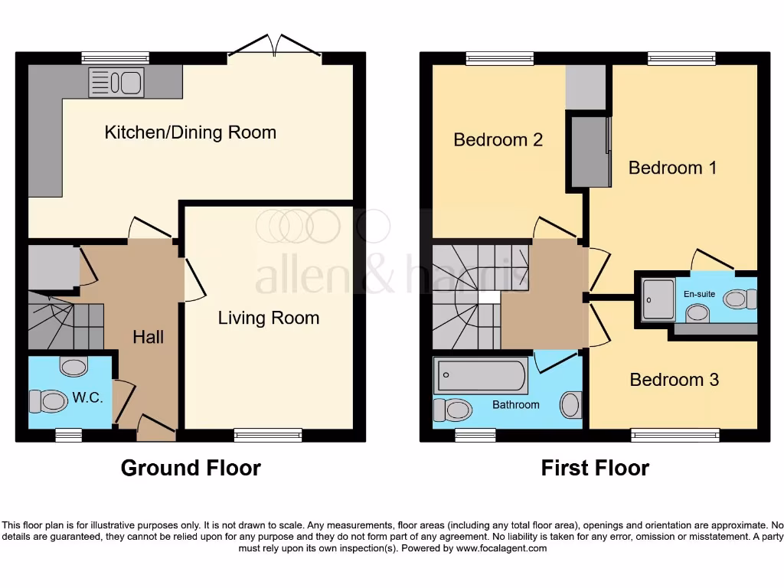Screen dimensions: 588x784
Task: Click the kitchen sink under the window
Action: (x=116, y=82)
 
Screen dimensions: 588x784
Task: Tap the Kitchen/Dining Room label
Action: (x=190, y=132)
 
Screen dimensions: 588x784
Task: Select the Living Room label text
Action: (x=269, y=318)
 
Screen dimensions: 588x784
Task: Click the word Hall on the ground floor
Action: (x=149, y=337)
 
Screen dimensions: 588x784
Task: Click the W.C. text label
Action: (x=88, y=398)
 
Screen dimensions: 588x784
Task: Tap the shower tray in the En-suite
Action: (x=657, y=299)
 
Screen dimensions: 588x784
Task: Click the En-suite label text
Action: (x=699, y=293)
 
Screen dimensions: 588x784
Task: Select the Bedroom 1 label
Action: (x=672, y=167)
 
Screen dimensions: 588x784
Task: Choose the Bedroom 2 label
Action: (x=498, y=139)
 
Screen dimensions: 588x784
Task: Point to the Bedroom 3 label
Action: (x=674, y=380)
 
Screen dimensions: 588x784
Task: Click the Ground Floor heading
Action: (x=191, y=468)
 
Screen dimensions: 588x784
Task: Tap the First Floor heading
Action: (x=595, y=468)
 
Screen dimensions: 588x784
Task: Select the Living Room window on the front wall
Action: (x=268, y=436)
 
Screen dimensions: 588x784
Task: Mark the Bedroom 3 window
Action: (x=675, y=436)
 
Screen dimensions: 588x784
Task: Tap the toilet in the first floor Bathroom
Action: (x=452, y=410)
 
